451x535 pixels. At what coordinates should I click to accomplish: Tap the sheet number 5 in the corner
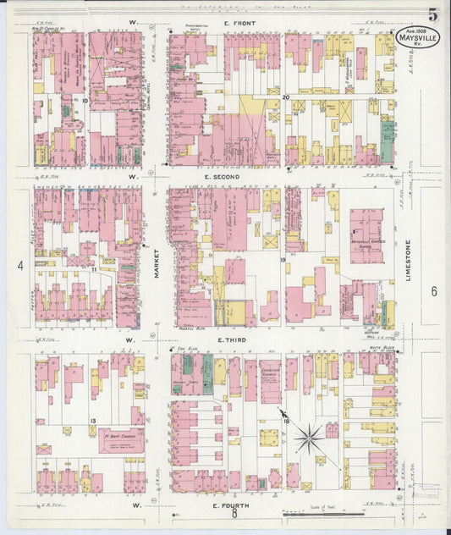pos(432,14)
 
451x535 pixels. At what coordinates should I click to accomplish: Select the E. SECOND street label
pos(223,177)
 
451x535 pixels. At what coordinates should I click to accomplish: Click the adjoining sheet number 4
pos(19,266)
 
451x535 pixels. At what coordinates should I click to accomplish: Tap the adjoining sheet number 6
pos(432,291)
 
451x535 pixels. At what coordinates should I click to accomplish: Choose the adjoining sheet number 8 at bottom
pos(234,513)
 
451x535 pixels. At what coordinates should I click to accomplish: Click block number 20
pos(286,98)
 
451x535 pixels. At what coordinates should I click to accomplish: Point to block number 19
pos(283,261)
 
